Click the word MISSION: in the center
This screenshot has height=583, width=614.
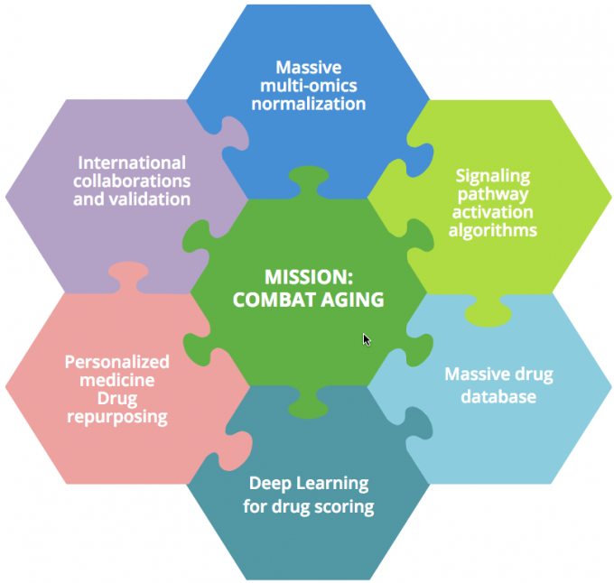coord(309,277)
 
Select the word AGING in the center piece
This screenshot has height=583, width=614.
coord(352,301)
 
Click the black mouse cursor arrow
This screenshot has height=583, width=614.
coord(367,340)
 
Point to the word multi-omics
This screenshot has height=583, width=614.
coord(309,86)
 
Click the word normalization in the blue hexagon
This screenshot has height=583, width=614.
coord(309,104)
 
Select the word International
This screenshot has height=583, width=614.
coord(132,162)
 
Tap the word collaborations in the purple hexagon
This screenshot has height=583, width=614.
coord(132,181)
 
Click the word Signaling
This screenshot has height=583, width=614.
coord(493,177)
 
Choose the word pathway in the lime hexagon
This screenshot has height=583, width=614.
coord(493,195)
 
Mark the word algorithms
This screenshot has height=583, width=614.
coord(493,230)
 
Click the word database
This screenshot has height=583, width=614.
coord(498,397)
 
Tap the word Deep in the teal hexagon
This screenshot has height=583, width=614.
coord(270,484)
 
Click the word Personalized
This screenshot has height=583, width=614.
coord(117,363)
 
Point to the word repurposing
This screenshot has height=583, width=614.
coord(117,418)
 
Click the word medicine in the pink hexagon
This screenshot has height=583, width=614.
coord(117,380)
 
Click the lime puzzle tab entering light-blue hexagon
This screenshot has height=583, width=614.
coord(488,311)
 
